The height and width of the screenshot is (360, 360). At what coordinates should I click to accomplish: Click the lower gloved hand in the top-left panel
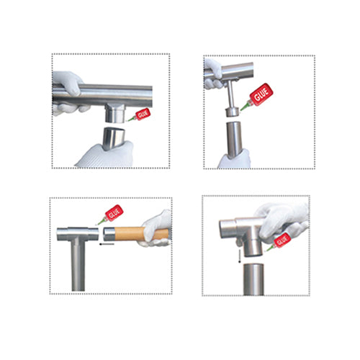point(104,153)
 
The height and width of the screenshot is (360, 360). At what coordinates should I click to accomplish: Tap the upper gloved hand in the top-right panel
point(214,73)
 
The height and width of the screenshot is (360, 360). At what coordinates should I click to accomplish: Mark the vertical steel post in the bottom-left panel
point(78,270)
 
